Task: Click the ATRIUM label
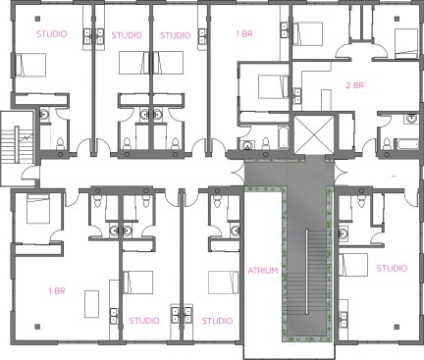pyautogui.click(x=263, y=271)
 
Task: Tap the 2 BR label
pyautogui.click(x=355, y=85)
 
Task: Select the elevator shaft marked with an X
pyautogui.click(x=314, y=134)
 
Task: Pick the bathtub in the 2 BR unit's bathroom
pyautogui.click(x=407, y=144)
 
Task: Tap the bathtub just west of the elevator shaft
pyautogui.click(x=283, y=137)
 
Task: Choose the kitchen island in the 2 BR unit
pyautogui.click(x=326, y=100)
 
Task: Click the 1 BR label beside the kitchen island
pyautogui.click(x=57, y=291)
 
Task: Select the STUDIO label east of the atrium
pyautogui.click(x=392, y=269)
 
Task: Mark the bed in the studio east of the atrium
pyautogui.click(x=353, y=265)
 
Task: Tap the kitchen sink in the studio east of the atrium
pyautogui.click(x=343, y=320)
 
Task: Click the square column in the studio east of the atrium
pyautogui.click(x=397, y=327)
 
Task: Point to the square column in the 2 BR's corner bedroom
pyautogui.click(x=397, y=19)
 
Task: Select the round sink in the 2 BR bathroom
pyautogui.click(x=411, y=118)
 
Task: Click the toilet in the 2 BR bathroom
pyautogui.click(x=387, y=144)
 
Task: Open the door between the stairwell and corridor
pyautogui.click(x=29, y=173)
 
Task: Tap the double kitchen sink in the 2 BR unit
pyautogui.click(x=297, y=95)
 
